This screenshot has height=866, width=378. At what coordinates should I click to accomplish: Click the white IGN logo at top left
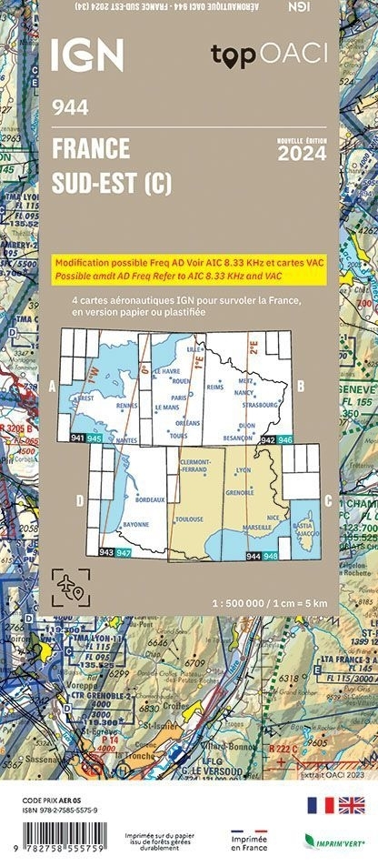pos(86,55)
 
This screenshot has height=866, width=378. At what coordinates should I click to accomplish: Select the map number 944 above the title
pos(71,108)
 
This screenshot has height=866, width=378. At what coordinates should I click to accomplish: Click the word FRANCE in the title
pos(91,147)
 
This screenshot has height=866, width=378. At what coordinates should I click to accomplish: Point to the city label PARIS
pos(177,398)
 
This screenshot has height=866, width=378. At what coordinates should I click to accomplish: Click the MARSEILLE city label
pos(259,527)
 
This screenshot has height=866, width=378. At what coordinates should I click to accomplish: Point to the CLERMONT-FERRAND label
pos(196,465)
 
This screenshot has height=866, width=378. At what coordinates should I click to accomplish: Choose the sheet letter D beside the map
pos(80,499)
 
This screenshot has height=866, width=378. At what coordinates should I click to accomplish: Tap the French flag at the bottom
pos(321,804)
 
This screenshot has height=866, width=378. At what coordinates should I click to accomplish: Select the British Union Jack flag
pos(352,804)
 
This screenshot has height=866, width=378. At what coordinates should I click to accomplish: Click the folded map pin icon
pos(72,585)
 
